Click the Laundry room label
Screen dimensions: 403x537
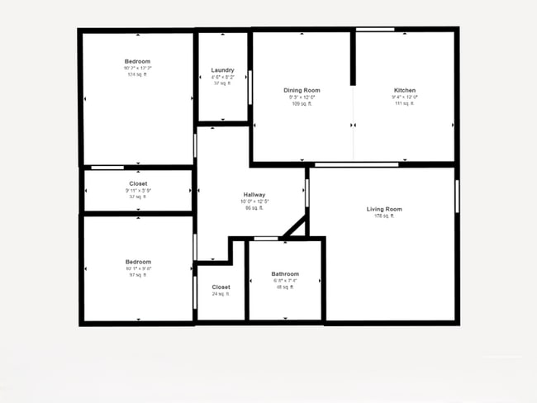[222, 70]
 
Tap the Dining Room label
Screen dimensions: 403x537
[302, 90]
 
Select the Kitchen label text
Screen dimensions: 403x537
[405, 90]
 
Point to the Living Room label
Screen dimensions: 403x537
[384, 209]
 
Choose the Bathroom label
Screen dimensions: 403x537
[285, 273]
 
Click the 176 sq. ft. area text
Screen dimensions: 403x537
[384, 216]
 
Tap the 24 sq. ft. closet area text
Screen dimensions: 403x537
[221, 294]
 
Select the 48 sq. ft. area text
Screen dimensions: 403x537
[285, 287]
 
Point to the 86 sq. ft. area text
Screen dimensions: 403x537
[254, 208]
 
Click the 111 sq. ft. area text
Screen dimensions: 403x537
[405, 103]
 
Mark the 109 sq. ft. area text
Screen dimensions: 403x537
[302, 103]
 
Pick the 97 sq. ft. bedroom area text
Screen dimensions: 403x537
[137, 275]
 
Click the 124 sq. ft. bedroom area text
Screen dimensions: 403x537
[137, 74]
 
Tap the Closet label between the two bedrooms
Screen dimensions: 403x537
[138, 183]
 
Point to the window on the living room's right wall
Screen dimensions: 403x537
[456, 197]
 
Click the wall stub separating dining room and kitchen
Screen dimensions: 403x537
[353, 58]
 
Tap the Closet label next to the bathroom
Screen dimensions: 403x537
[221, 287]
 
